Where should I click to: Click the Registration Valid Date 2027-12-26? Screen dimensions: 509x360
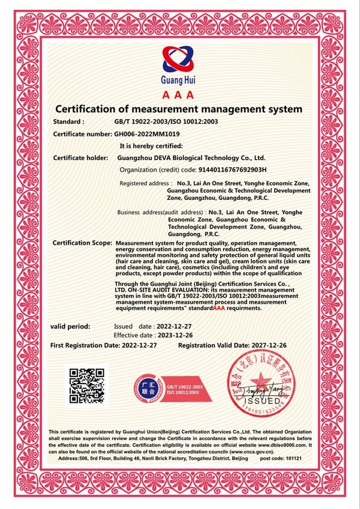coord(275,346)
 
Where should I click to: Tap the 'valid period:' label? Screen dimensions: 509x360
coord(70,327)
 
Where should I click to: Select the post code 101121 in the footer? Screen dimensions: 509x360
coord(290,458)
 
